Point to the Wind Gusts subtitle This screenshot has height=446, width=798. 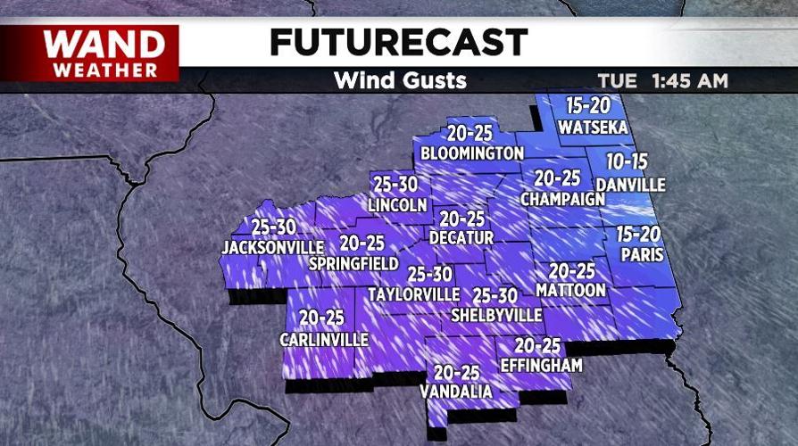[400, 80]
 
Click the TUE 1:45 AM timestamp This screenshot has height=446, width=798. [663, 81]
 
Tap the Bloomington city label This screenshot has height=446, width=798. [471, 153]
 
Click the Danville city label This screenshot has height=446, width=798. [630, 185]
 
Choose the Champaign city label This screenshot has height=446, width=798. [562, 198]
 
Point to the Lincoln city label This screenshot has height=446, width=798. [397, 205]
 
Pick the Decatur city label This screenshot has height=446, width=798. [461, 238]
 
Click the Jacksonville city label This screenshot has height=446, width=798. [273, 246]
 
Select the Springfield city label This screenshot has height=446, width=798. [353, 264]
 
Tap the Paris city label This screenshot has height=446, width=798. [641, 254]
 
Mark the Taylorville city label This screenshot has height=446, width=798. [413, 294]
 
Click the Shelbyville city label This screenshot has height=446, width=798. [496, 315]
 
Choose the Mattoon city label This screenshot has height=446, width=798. [571, 291]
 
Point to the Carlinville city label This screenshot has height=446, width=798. [323, 340]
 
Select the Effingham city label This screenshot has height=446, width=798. [541, 366]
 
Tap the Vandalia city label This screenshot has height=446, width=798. [457, 392]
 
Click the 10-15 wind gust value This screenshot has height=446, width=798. [627, 163]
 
